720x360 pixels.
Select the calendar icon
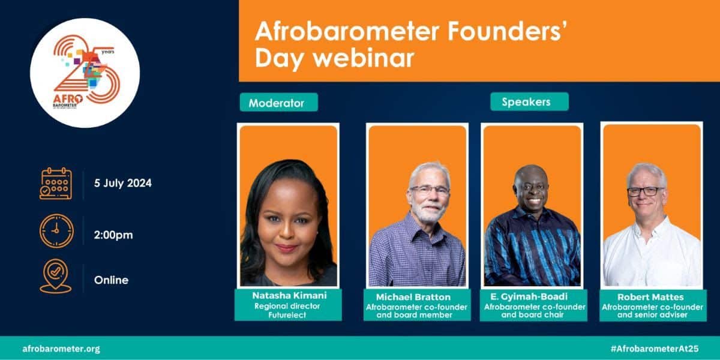pos(56,184)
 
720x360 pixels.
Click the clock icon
pos(56,231)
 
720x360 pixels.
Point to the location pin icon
pos(56,276)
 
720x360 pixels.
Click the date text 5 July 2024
pos(123,183)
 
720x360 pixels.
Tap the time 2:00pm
pos(113,235)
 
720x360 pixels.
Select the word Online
pos(111,280)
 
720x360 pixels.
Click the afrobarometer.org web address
pos(61,349)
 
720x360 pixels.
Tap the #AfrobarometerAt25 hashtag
pos(655,349)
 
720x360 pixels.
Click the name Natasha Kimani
pos(289,295)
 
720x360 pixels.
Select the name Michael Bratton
pos(413,297)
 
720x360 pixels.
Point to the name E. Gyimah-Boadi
pos(529,296)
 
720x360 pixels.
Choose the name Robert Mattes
pos(650,297)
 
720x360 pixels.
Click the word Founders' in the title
pos(507,31)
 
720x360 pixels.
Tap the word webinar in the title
pos(364,58)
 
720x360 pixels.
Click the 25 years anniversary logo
pos(85,73)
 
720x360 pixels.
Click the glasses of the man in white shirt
pos(646,191)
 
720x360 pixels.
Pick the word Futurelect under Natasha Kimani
pos(287,315)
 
